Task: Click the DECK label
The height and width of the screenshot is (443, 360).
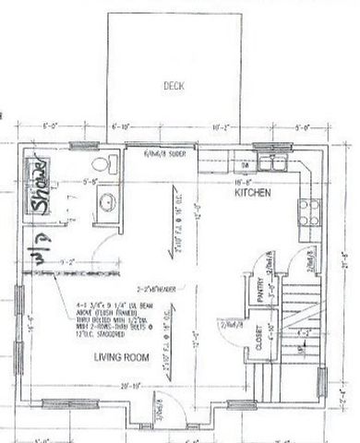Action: [x=174, y=86]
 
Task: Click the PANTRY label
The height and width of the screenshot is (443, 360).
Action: [x=261, y=293]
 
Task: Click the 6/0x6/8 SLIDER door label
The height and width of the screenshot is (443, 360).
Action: [x=165, y=154]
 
